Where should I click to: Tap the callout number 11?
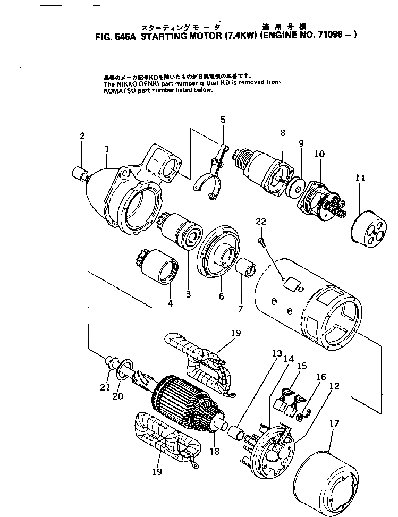pyautogui.click(x=360, y=179)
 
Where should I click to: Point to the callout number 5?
pyautogui.click(x=223, y=121)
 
